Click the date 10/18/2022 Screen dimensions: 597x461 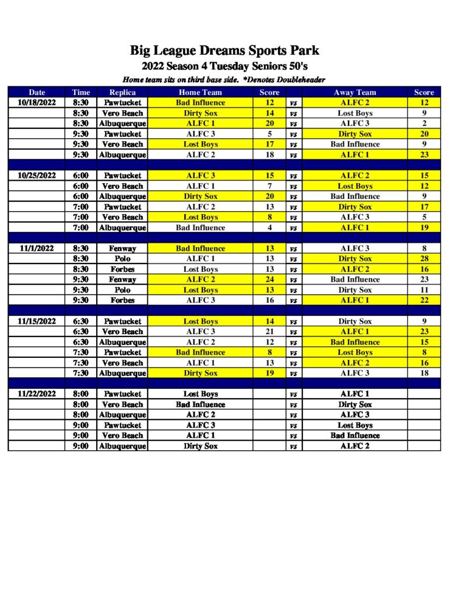click(37, 103)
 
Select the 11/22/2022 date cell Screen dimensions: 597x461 click(37, 394)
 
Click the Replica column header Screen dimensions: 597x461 click(122, 92)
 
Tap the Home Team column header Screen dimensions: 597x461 click(200, 92)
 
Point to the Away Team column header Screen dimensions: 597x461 click(354, 92)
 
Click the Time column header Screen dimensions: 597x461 click(81, 92)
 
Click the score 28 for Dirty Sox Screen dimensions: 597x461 click(424, 259)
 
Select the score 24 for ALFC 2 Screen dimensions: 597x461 click(269, 279)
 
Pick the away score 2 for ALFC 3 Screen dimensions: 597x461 click(424, 124)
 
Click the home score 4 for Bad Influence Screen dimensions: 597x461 click(269, 228)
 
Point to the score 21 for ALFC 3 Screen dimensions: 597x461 click(269, 331)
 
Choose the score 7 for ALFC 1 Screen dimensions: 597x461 click(269, 186)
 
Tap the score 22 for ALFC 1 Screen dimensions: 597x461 click(424, 300)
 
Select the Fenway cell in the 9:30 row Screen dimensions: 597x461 click(122, 279)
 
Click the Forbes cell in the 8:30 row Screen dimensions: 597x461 click(122, 269)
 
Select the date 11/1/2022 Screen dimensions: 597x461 click(37, 248)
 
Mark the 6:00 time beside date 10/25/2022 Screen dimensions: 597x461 click(81, 175)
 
